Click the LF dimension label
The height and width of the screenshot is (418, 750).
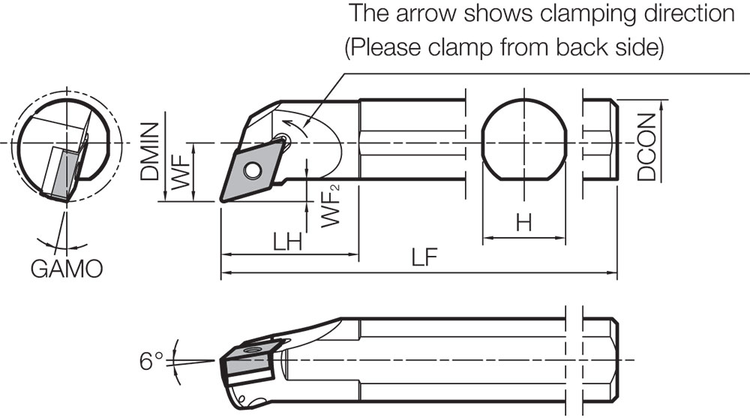(x=421, y=258)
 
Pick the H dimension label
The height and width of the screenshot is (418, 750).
(x=523, y=223)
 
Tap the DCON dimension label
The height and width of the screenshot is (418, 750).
(x=646, y=147)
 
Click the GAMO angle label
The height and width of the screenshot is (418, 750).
(x=66, y=269)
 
